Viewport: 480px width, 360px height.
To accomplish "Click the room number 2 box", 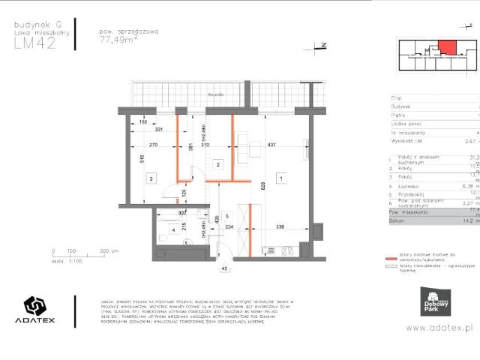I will (217, 163).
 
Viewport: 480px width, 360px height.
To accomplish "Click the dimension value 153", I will (142, 122).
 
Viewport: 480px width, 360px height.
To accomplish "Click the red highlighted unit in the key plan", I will (447, 48).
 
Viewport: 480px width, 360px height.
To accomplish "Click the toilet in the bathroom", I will (163, 260).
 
